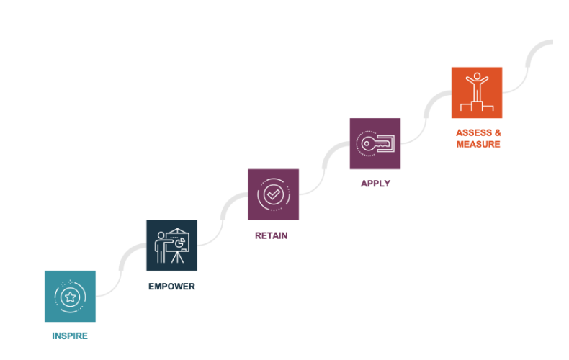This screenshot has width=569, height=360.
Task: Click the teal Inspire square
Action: (x=70, y=296)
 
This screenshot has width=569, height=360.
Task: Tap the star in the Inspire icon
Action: (x=70, y=297)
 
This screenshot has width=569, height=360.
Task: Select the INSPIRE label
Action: (x=70, y=336)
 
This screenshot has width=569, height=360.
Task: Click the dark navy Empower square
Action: (x=171, y=246)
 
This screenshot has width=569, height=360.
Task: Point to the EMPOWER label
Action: (x=171, y=287)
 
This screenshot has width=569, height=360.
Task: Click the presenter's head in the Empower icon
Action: (x=161, y=235)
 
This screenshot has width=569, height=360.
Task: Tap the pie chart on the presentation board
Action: (x=179, y=243)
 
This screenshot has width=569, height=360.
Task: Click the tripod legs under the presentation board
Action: (x=177, y=257)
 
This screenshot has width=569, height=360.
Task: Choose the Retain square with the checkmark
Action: (x=273, y=194)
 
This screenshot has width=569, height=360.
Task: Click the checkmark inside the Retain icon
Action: (x=273, y=194)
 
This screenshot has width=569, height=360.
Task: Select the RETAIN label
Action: (x=272, y=235)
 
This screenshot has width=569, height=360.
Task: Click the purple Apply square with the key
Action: (x=375, y=143)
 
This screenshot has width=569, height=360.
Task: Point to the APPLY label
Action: (x=375, y=184)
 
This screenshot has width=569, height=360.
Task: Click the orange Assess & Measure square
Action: (x=477, y=93)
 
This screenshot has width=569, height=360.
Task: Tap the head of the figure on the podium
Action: (x=477, y=76)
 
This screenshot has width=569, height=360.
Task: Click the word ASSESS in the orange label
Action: (x=474, y=132)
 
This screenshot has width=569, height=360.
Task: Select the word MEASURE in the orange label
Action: (x=478, y=144)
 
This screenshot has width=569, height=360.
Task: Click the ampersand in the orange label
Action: (x=498, y=132)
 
